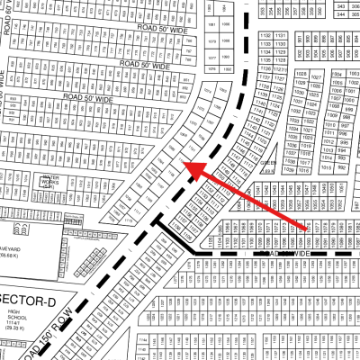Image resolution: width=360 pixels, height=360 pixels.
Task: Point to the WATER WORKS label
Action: (x=50, y=180)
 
